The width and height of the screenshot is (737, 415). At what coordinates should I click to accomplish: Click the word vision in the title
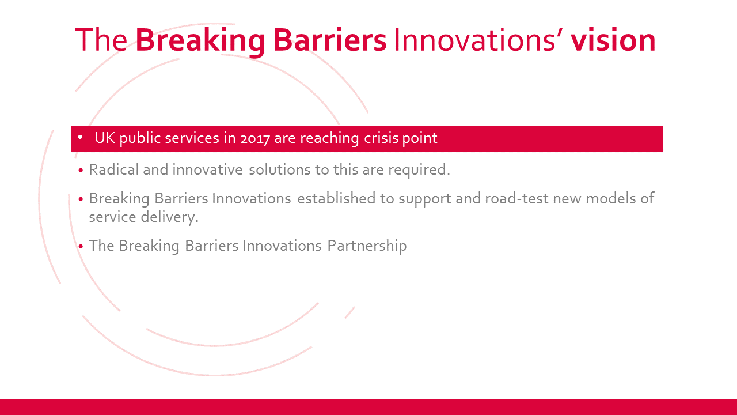pyautogui.click(x=613, y=40)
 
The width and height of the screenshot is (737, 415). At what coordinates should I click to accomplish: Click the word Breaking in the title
pyautogui.click(x=200, y=41)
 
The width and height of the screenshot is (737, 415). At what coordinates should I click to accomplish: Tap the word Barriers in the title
pyautogui.click(x=330, y=40)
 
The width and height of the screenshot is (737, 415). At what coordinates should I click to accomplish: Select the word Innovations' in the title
pyautogui.click(x=478, y=40)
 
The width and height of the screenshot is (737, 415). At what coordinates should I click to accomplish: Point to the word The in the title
pyautogui.click(x=101, y=40)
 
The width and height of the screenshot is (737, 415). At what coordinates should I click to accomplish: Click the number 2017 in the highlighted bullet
pyautogui.click(x=255, y=139)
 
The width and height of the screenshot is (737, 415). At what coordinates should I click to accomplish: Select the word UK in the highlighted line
pyautogui.click(x=105, y=138)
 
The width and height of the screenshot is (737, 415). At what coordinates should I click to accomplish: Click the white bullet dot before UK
pyautogui.click(x=80, y=137)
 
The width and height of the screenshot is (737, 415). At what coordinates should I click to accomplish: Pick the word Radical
pyautogui.click(x=114, y=169)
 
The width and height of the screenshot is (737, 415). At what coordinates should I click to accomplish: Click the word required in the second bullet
pyautogui.click(x=417, y=170)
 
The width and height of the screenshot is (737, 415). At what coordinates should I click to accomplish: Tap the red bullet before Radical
pyautogui.click(x=81, y=171)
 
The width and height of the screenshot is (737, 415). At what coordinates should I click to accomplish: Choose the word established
pyautogui.click(x=336, y=199)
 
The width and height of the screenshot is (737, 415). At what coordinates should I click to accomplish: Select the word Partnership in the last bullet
pyautogui.click(x=367, y=246)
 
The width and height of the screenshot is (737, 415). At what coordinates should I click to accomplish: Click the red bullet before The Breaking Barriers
pyautogui.click(x=81, y=246)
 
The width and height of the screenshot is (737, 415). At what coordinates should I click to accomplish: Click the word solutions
pyautogui.click(x=280, y=170)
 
